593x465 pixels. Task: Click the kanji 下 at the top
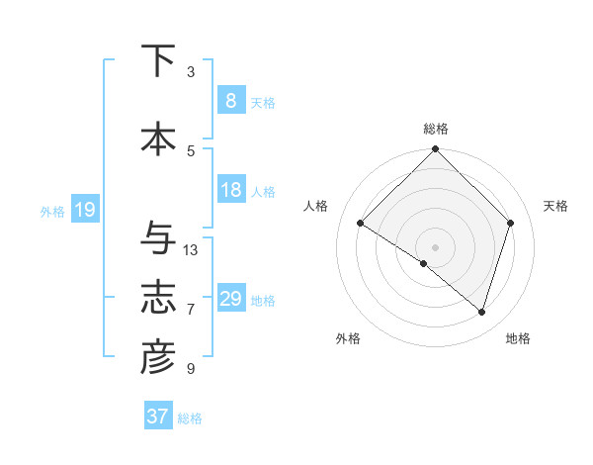click(158, 60)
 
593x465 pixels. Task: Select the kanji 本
click(158, 139)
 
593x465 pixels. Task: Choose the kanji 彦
click(158, 358)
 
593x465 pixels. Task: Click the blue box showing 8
click(230, 101)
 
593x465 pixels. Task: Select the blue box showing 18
click(230, 190)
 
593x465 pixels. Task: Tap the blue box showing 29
click(230, 299)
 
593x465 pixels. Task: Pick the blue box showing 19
click(84, 210)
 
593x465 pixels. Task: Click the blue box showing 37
click(157, 417)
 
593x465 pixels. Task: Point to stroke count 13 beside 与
click(191, 249)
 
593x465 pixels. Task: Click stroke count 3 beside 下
click(191, 71)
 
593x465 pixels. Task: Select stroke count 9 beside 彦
click(191, 369)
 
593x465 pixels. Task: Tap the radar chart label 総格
click(435, 129)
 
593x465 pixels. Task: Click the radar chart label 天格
click(555, 206)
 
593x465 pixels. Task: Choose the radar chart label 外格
click(348, 338)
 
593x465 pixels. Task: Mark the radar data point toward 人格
click(361, 224)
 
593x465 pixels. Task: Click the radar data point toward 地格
click(481, 312)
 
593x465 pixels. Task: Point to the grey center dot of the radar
click(435, 246)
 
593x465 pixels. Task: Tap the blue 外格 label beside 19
click(51, 211)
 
